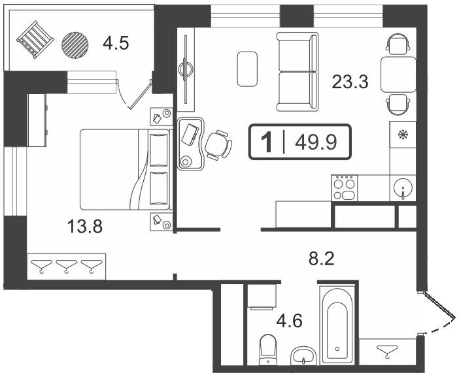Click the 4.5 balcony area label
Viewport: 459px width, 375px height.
(x=116, y=44)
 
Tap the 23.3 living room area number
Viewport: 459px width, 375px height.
(x=350, y=82)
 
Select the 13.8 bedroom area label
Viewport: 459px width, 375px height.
(x=85, y=227)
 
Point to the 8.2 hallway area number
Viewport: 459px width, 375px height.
(x=322, y=259)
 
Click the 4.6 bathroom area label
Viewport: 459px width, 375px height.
(x=290, y=321)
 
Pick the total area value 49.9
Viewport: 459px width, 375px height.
(x=316, y=142)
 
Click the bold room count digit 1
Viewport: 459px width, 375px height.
(x=267, y=142)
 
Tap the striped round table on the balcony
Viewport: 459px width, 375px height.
(x=75, y=45)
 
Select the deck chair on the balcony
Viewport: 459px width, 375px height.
(x=35, y=39)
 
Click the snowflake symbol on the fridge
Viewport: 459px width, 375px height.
(x=403, y=135)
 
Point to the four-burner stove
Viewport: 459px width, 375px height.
(x=344, y=187)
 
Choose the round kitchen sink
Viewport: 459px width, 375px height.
(x=403, y=188)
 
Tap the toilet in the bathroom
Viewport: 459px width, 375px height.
(x=267, y=350)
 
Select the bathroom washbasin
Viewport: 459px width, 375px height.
(x=303, y=355)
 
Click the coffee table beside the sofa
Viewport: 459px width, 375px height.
(x=247, y=69)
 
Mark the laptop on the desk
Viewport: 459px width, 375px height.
(x=190, y=135)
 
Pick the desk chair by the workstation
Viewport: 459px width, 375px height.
(x=218, y=145)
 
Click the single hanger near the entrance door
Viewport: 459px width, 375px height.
(x=388, y=351)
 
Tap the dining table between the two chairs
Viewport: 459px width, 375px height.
(x=398, y=74)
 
